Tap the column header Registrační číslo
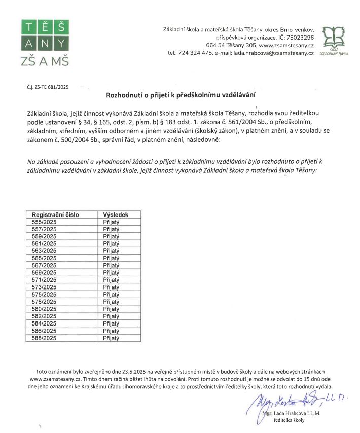tap(56, 215)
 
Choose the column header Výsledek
tap(116, 215)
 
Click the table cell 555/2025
tap(45, 222)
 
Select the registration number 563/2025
tap(45, 250)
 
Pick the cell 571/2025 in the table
tap(45, 279)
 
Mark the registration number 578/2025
tap(45, 301)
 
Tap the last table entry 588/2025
tap(45, 337)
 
